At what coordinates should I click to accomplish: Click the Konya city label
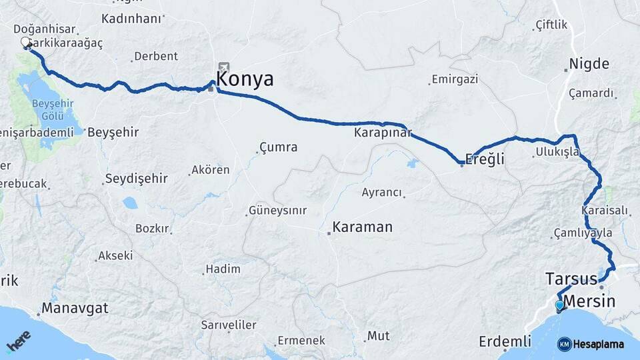[x=245, y=79]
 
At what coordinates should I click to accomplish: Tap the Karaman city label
[x=362, y=227]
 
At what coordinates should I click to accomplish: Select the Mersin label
[x=589, y=301]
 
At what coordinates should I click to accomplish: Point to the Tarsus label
[x=571, y=278]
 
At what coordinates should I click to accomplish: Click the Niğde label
[x=589, y=65]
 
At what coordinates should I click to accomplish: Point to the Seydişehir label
[x=136, y=179]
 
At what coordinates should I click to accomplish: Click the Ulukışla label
[x=557, y=153]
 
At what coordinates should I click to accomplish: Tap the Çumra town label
[x=278, y=147]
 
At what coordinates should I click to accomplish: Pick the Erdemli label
[x=505, y=342]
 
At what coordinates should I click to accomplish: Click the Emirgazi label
[x=455, y=79]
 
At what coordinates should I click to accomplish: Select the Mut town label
[x=379, y=335]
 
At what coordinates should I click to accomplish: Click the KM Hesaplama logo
[x=591, y=344]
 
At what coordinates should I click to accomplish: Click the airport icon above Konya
[x=223, y=67]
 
